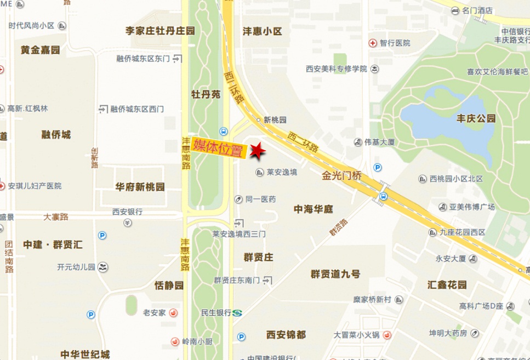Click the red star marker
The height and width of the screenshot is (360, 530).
coord(257,150)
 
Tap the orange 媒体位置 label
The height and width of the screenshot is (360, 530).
coord(218,148)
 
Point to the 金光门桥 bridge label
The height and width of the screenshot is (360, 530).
coord(342,177)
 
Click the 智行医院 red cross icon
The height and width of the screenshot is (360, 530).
coord(373,42)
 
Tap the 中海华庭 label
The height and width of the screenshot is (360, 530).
coord(314,209)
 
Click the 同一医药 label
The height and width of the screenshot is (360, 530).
coord(260,199)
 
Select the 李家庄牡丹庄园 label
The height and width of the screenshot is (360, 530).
coord(160,31)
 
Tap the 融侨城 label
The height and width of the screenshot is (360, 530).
coord(56,134)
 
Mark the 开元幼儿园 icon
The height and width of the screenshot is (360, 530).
coord(104,267)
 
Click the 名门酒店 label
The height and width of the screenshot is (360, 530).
coord(477,10)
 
